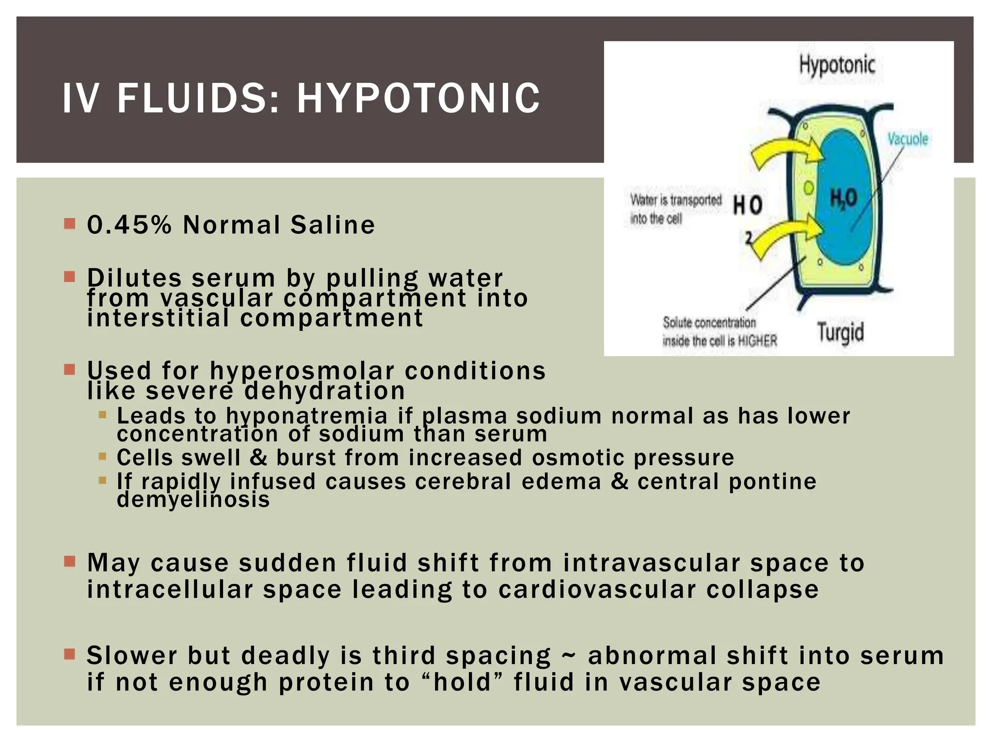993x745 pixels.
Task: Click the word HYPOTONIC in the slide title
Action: [x=418, y=98]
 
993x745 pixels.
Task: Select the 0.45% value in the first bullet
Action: [x=129, y=225]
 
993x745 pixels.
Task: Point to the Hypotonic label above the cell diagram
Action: [x=837, y=65]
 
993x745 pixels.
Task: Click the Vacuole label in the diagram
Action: [x=908, y=139]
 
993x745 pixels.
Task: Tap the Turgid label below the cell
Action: [x=841, y=333]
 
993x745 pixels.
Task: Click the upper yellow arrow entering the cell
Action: [x=785, y=153]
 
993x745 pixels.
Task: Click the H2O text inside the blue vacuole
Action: [x=844, y=198]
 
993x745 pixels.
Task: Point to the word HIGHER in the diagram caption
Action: [x=757, y=341]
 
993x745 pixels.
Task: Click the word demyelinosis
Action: [x=193, y=500]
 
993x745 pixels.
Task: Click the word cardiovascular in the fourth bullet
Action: [x=597, y=590]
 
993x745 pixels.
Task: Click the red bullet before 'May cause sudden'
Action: [x=70, y=562]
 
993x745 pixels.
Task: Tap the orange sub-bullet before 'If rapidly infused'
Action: [x=102, y=481]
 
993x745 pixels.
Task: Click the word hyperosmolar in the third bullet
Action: [x=302, y=371]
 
